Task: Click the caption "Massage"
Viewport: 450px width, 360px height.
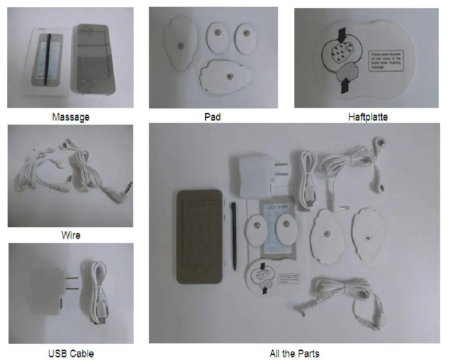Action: pyautogui.click(x=71, y=117)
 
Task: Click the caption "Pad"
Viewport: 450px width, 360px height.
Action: pyautogui.click(x=212, y=117)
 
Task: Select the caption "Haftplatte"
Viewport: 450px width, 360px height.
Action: pyautogui.click(x=368, y=117)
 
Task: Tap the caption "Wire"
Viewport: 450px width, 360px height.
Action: pyautogui.click(x=71, y=235)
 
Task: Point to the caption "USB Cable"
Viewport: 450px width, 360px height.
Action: pyautogui.click(x=71, y=353)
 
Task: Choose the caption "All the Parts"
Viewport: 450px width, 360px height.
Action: pyautogui.click(x=294, y=353)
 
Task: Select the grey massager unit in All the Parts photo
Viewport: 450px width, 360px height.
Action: pyautogui.click(x=200, y=236)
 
